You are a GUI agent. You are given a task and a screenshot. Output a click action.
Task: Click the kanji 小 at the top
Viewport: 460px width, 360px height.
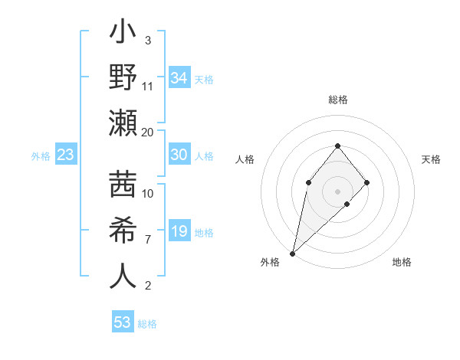click(123, 35)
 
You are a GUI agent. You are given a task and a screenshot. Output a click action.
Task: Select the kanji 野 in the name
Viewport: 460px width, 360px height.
click(123, 78)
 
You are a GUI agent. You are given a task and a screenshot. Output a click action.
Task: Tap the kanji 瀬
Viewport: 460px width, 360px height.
click(123, 123)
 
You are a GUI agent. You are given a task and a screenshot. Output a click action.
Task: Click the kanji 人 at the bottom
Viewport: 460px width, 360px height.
click(123, 277)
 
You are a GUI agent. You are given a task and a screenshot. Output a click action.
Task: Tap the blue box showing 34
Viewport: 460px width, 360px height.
click(179, 78)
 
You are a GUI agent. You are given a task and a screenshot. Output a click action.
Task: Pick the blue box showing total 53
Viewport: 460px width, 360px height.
click(123, 322)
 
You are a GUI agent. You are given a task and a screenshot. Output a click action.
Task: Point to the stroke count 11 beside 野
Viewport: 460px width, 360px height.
click(148, 86)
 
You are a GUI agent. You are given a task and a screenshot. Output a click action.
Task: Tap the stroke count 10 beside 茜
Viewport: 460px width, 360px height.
click(148, 194)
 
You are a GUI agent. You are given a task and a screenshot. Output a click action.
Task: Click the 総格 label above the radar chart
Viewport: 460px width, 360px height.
click(337, 100)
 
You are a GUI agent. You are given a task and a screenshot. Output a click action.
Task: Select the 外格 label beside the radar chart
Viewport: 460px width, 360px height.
click(270, 263)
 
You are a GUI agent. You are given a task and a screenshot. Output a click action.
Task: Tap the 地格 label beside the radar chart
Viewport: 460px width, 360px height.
click(402, 263)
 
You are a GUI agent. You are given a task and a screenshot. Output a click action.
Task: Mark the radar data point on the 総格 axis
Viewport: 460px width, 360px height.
click(337, 146)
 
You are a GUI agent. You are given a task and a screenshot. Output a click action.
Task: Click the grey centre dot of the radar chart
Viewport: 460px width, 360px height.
click(337, 191)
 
